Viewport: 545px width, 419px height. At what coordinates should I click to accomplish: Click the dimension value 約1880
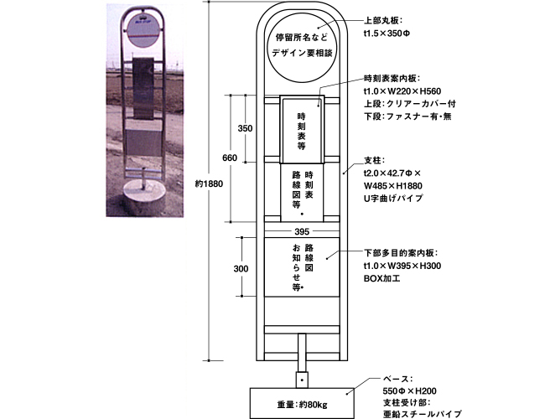coord(209,184)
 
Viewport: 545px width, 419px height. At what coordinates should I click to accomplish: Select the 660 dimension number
coord(230,158)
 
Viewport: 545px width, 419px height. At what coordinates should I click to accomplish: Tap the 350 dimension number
coord(245,128)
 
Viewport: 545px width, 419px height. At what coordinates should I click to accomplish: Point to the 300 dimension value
coord(241,268)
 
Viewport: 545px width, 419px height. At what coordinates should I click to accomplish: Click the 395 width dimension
coord(302,232)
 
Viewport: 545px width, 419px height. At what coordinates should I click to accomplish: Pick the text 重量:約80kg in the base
coord(302,405)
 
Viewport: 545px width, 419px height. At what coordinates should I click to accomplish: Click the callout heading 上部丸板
coord(383,20)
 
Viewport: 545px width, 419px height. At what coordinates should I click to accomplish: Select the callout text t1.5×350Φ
coord(387,34)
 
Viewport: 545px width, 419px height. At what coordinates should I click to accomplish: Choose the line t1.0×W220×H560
coord(402,91)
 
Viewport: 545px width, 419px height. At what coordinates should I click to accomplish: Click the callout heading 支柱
coord(374,161)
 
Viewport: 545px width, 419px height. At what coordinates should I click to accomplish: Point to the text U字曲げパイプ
coord(393,198)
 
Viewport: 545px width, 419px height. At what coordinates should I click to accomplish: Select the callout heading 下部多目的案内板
coord(401,253)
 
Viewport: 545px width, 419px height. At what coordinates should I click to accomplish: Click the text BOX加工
coord(381,278)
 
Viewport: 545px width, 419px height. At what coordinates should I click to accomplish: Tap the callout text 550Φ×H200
coord(409,391)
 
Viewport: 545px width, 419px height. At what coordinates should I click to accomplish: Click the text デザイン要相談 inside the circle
coord(302,53)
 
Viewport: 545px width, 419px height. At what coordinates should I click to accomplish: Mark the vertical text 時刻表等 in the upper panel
coord(301,131)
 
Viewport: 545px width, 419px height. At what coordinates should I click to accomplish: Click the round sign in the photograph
coord(143,32)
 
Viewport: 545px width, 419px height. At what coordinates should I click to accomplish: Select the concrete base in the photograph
coord(144,197)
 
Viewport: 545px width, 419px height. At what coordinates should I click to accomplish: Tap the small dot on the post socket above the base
coord(302,380)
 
